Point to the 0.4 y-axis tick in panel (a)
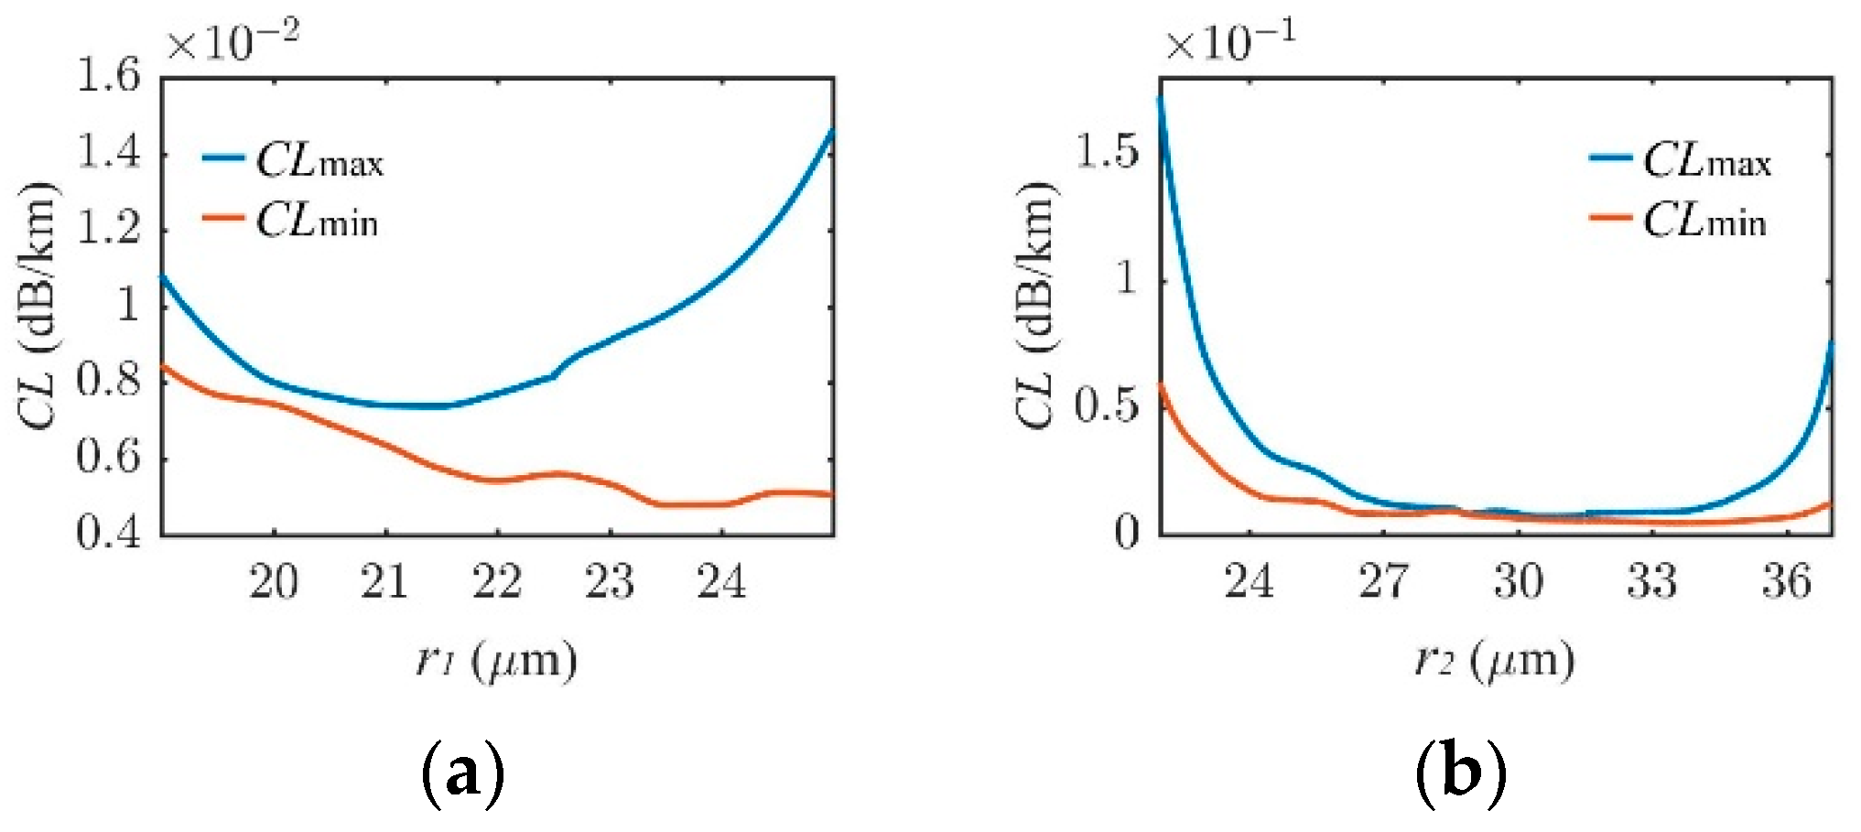pos(109,533)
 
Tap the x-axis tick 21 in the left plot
pos(384,582)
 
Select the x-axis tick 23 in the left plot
pos(609,582)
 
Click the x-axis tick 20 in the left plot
pos(273,582)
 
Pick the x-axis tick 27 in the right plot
pos(1383,582)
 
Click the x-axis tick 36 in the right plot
pos(1787,582)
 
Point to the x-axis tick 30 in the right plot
pos(1518,582)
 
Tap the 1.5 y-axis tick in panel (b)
pos(1108,153)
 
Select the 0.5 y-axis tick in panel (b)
pos(1108,405)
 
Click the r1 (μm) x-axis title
pos(496,661)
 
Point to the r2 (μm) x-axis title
pos(1494,661)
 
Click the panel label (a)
pos(462,774)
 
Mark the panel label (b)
pos(1460,774)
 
